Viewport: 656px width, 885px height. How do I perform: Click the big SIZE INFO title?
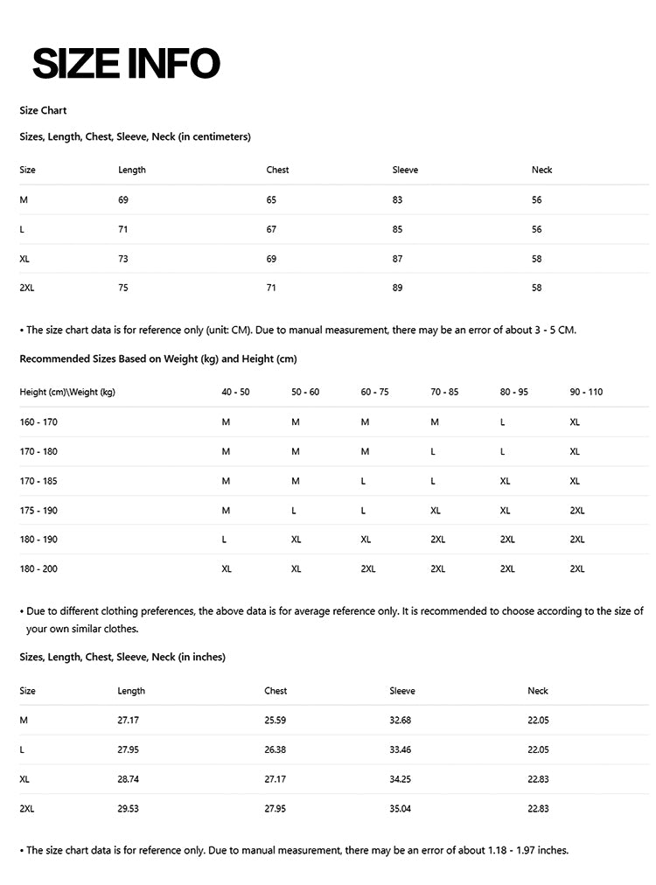pos(126,63)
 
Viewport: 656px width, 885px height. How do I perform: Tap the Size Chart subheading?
pos(43,111)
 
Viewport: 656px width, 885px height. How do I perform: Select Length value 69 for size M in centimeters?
pos(123,200)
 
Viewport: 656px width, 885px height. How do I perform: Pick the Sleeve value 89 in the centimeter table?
pos(398,288)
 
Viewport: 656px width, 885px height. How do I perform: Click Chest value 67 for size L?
pos(271,229)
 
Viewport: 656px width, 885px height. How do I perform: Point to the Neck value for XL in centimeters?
pos(536,259)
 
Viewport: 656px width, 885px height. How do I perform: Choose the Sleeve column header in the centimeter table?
pos(405,170)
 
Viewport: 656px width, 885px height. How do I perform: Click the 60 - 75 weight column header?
pos(374,392)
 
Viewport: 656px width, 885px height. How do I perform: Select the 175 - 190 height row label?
pos(38,510)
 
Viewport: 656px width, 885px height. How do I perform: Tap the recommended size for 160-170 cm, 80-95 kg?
pos(503,422)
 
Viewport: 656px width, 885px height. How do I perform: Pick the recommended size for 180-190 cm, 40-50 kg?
pos(225,540)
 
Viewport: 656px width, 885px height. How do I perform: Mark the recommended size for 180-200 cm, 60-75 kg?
pos(368,569)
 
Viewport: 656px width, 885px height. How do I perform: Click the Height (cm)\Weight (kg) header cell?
pos(67,392)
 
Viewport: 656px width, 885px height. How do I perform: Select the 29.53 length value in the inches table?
pos(128,809)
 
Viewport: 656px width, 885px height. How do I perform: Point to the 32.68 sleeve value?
pos(400,721)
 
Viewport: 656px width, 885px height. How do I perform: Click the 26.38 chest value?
pos(275,749)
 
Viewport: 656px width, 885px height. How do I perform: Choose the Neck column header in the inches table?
pos(538,691)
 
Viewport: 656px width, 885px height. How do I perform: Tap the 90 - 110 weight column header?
pos(586,392)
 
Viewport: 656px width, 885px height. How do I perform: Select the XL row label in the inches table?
pos(24,779)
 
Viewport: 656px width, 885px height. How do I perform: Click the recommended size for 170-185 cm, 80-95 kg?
pos(505,481)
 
